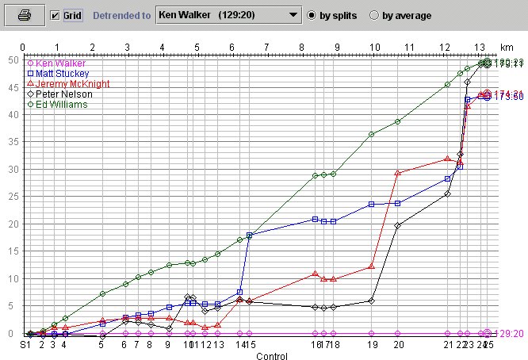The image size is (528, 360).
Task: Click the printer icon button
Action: click(x=25, y=15)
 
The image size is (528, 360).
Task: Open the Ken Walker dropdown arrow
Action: click(x=292, y=15)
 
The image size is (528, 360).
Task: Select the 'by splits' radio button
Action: click(x=312, y=16)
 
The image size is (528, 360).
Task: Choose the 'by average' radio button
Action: click(x=375, y=16)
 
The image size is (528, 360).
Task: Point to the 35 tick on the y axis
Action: click(x=12, y=142)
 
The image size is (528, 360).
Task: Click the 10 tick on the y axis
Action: click(x=12, y=279)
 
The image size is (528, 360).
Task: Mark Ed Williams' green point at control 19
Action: click(x=371, y=134)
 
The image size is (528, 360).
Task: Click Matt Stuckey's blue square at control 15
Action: click(x=250, y=236)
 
